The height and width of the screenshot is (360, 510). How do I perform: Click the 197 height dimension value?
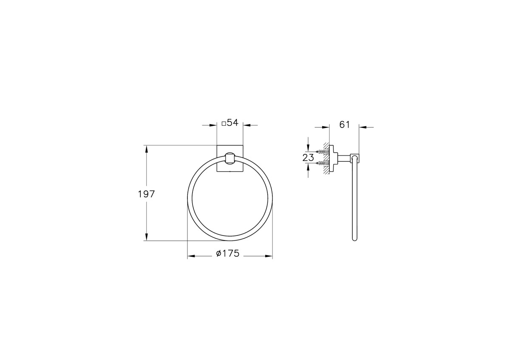pyautogui.click(x=146, y=194)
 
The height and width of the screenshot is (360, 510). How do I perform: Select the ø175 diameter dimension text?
pyautogui.click(x=228, y=253)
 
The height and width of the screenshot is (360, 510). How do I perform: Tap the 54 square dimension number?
pyautogui.click(x=232, y=123)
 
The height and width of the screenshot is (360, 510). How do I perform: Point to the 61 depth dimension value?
pyautogui.click(x=344, y=125)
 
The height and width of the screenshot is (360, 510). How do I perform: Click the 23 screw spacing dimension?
pyautogui.click(x=308, y=158)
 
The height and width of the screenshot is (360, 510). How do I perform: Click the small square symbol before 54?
pyautogui.click(x=224, y=124)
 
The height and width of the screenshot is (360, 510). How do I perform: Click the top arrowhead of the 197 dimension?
pyautogui.click(x=146, y=149)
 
